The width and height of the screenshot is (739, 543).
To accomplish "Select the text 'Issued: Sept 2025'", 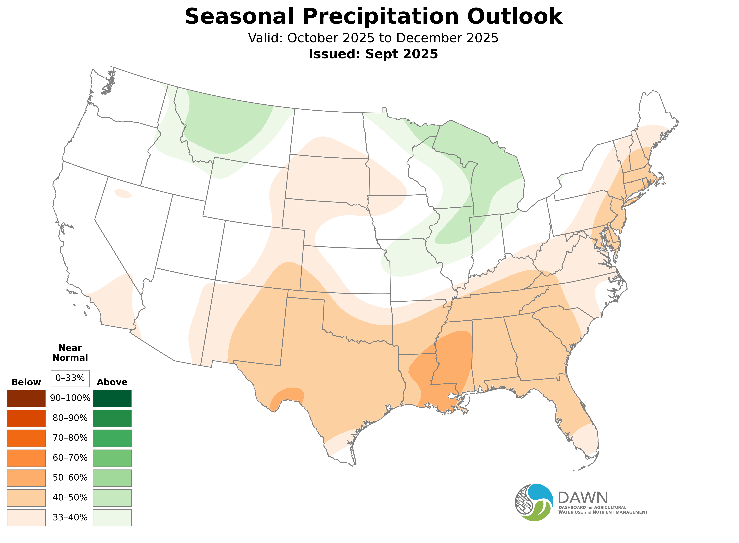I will (x=373, y=54).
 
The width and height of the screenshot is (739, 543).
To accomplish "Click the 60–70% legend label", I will (x=70, y=458).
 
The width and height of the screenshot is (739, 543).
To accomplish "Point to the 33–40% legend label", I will (x=70, y=517).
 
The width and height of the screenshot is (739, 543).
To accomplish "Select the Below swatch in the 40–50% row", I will (x=26, y=498).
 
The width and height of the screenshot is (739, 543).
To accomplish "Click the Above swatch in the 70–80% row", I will (x=112, y=438).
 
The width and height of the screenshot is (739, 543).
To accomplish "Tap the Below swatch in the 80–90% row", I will (x=26, y=418).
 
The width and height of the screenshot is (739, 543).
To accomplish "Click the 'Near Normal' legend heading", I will (x=70, y=353).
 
